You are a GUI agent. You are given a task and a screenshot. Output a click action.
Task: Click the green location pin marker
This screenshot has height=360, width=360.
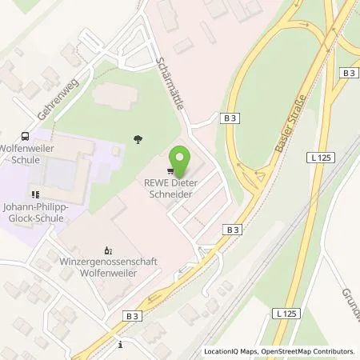point(182,158)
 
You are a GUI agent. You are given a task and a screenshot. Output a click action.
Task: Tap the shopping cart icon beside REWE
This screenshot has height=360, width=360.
point(170,170)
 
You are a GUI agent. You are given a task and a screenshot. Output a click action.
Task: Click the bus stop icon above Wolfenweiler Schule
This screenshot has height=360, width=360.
point(26,137)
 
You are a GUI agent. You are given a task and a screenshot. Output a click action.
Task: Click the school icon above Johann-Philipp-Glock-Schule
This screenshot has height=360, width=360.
point(34,194)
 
